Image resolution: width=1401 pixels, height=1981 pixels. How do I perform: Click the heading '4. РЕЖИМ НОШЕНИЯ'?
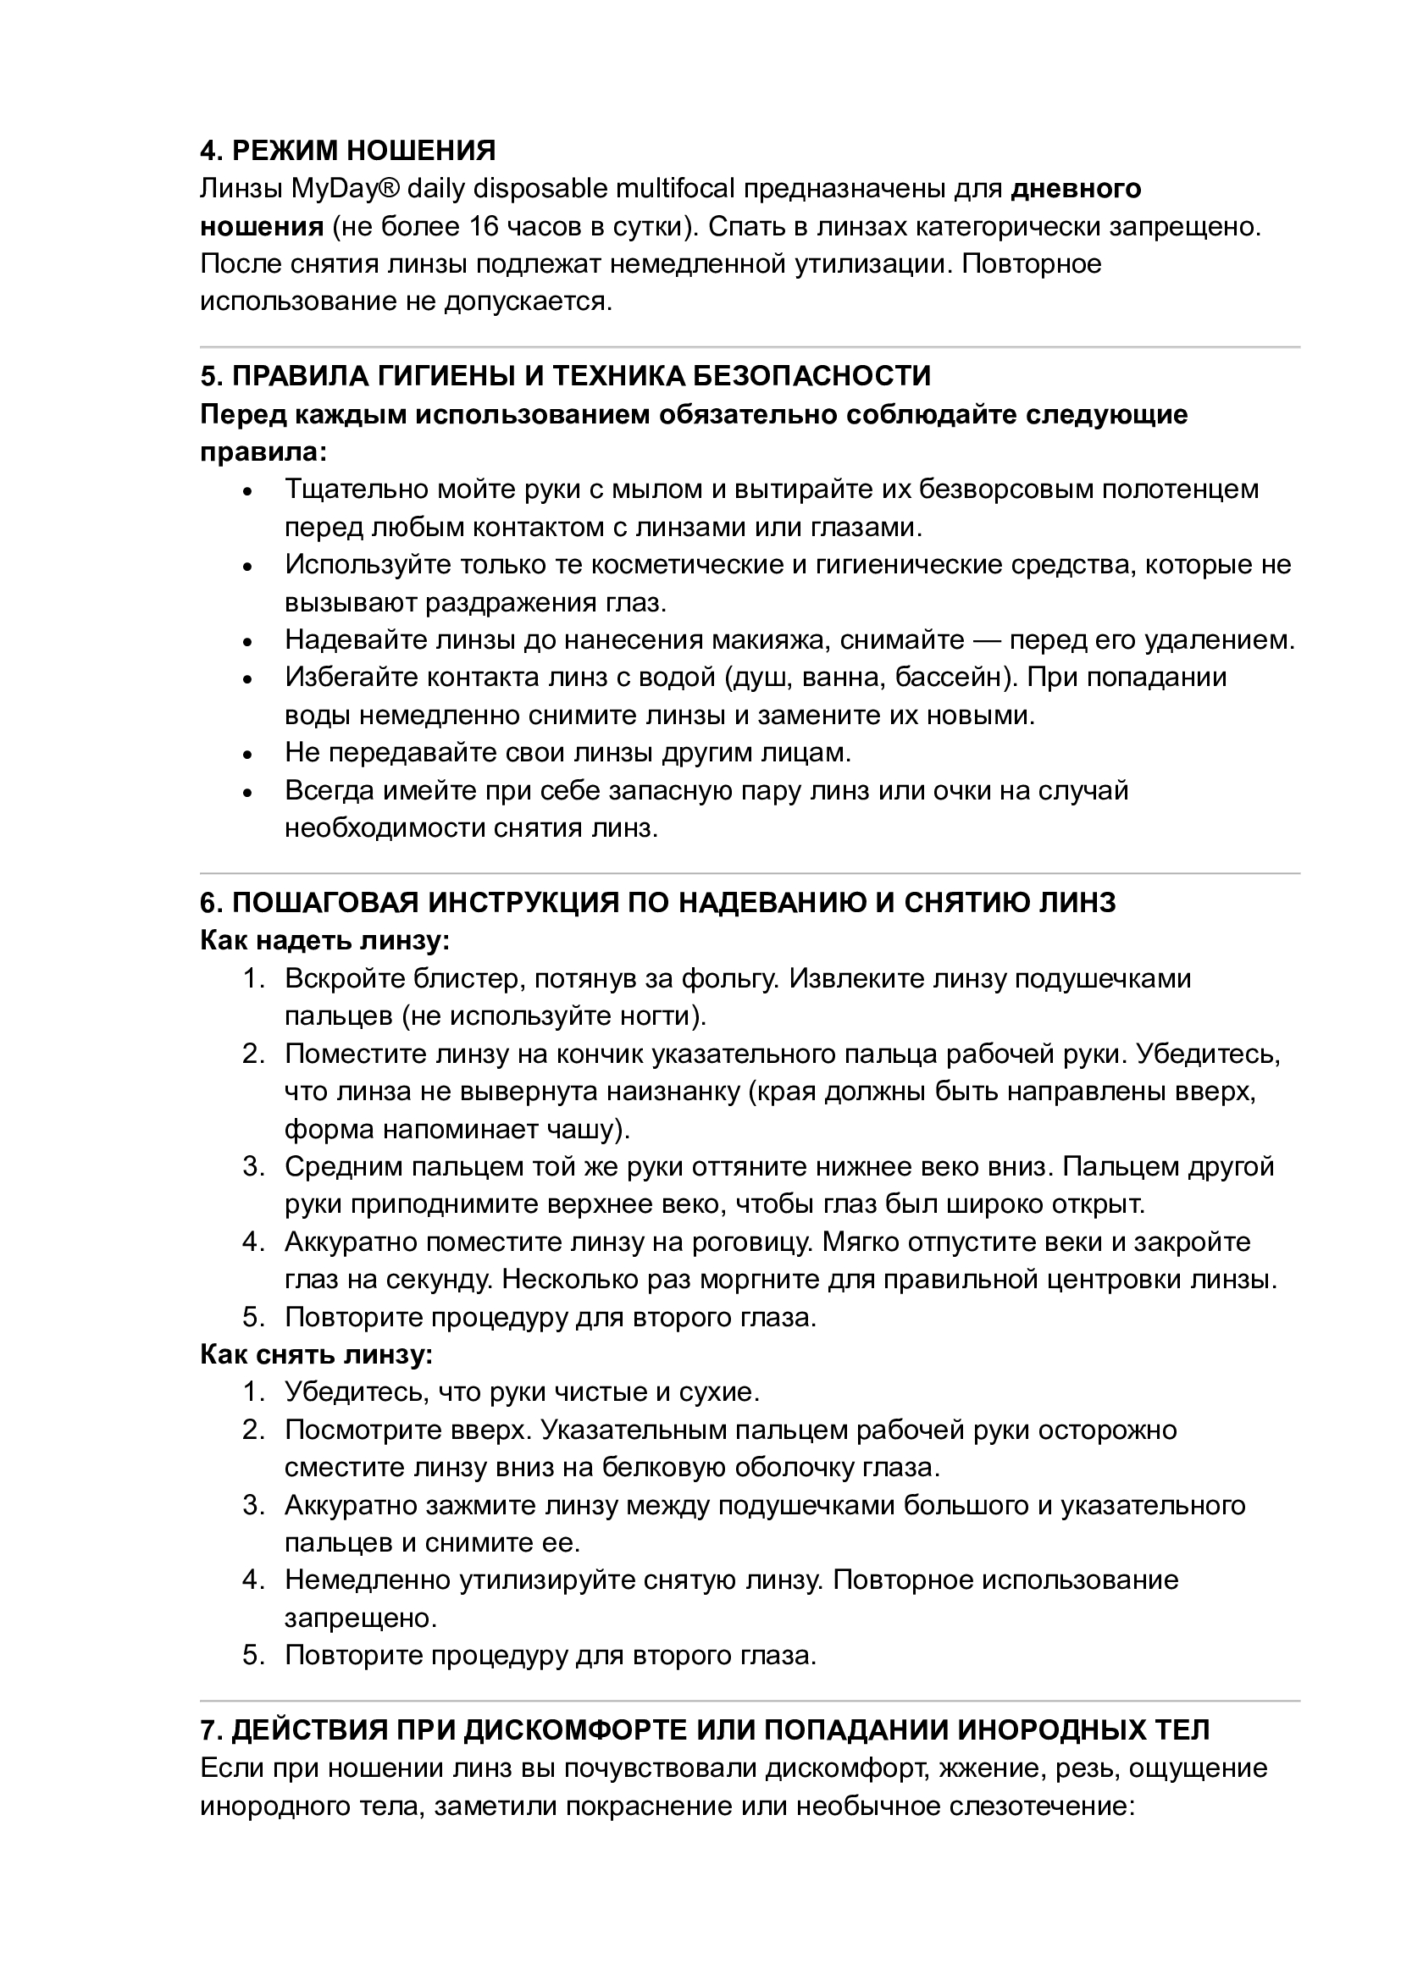click(347, 151)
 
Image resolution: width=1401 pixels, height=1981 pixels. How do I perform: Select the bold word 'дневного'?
click(1076, 189)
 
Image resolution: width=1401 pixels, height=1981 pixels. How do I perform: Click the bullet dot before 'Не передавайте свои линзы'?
click(248, 755)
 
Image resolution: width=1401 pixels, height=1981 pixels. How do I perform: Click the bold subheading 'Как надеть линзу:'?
click(325, 940)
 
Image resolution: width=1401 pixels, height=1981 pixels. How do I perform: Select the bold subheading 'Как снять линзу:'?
click(317, 1355)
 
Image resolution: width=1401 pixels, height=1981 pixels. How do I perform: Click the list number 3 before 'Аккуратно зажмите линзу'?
click(251, 1506)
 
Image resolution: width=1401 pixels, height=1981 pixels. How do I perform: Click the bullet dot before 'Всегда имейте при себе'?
click(248, 793)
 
